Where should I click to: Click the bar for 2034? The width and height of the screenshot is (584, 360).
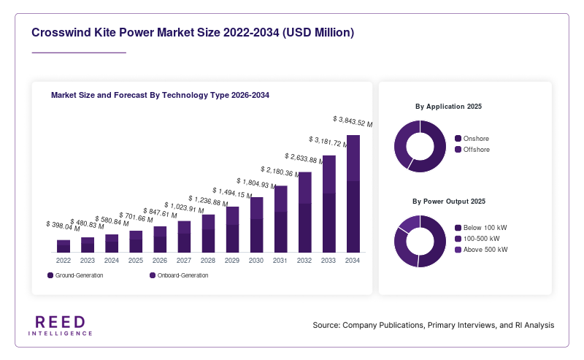pos(353,194)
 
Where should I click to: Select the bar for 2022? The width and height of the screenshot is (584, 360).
pos(64,246)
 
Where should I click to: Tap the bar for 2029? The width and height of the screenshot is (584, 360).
pos(232,229)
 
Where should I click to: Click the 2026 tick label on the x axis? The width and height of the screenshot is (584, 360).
pos(160,261)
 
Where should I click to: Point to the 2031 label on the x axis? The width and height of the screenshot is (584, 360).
pos(280,261)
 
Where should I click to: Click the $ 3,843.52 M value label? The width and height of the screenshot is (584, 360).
pos(353,121)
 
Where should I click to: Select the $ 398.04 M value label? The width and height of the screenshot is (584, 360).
pos(63,226)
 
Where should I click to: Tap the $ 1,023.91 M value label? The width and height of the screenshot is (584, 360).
pos(184,207)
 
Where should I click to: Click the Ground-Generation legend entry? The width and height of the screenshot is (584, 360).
pos(75,275)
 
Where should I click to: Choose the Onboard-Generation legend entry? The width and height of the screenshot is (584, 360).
pos(179,275)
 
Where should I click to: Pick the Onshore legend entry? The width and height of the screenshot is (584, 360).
pos(472,139)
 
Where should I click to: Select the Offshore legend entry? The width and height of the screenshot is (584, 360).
pos(472,150)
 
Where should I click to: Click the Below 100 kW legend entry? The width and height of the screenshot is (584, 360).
pos(481,228)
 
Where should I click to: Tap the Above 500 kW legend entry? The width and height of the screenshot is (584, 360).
pos(481,250)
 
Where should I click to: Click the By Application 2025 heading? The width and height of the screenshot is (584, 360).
pos(448,107)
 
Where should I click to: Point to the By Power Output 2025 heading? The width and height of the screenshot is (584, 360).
pos(449,202)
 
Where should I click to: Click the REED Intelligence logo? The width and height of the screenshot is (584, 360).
pos(61,326)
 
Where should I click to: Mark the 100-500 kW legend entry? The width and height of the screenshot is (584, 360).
pos(477,239)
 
